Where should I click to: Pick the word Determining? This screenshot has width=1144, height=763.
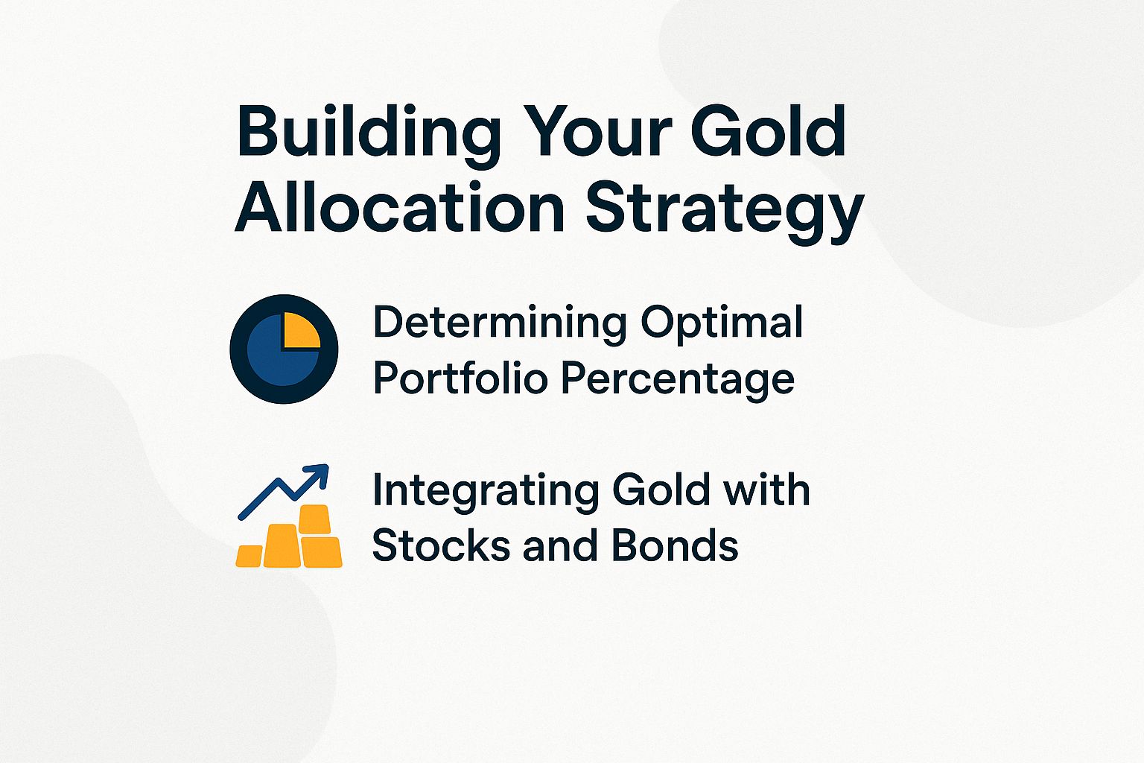tap(499, 323)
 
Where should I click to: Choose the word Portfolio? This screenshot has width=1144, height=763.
tap(460, 379)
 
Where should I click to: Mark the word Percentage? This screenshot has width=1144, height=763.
tap(678, 380)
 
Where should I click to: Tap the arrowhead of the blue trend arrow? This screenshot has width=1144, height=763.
tap(319, 474)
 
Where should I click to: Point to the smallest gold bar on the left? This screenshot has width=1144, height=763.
tap(250, 556)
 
